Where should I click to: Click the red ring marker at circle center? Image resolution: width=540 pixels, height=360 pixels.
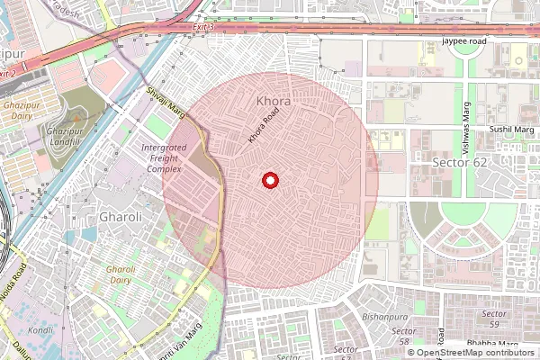click(269, 181)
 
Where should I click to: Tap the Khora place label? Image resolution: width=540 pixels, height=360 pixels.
click(273, 102)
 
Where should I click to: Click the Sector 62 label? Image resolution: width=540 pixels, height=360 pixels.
click(458, 163)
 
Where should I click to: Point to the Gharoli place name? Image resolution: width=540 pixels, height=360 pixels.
click(121, 217)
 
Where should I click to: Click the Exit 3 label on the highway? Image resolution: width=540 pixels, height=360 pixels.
click(204, 28)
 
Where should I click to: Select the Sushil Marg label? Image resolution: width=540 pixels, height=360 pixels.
click(511, 130)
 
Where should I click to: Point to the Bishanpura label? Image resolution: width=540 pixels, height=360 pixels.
click(383, 317)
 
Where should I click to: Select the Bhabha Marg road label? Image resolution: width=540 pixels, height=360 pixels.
click(491, 345)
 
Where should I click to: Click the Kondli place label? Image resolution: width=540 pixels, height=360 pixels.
click(40, 329)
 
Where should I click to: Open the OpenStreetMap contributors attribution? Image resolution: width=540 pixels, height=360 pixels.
click(471, 352)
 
